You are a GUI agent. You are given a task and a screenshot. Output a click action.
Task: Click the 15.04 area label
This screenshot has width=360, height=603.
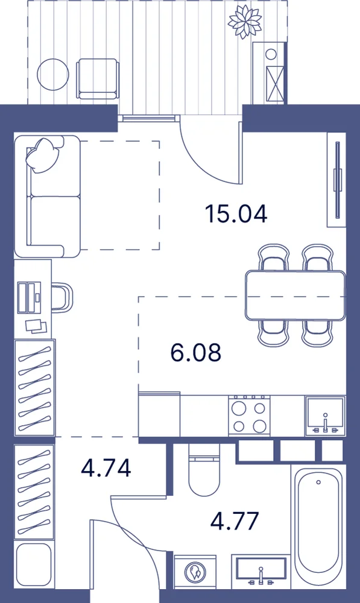coord(236,214)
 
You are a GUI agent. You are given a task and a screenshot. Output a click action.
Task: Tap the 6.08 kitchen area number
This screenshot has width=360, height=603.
coord(196,352)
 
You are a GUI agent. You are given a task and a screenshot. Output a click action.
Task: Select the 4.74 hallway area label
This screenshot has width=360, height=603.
coord(106,468)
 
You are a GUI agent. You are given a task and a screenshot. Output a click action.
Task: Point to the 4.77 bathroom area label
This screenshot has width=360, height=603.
coord(234,521)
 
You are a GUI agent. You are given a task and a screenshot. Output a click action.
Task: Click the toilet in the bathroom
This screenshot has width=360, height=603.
coord(204,470)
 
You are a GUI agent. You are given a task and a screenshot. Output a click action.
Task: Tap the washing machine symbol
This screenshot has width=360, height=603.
coord(195,573)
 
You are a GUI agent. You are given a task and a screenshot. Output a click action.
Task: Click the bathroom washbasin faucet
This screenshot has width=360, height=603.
coord(261,575)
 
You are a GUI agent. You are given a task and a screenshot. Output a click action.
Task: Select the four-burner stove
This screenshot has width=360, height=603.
coord(249,415)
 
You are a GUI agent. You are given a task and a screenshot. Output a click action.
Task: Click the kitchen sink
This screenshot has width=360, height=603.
coord(326,416)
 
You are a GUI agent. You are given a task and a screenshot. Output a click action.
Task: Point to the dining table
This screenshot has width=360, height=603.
coord(295,295)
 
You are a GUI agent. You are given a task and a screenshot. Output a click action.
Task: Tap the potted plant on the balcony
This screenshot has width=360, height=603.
coord(245,21)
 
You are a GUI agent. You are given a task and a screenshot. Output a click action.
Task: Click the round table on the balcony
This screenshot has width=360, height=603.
coord(53,75)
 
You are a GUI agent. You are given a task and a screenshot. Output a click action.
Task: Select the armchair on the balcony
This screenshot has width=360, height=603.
coord(97,78)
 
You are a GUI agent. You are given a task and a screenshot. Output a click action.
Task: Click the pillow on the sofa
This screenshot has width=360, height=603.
coord(43,154)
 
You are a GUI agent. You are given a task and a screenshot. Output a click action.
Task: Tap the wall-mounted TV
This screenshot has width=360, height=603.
coord(338,180)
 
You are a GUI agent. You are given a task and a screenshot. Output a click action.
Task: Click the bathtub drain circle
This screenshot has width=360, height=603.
coord(318,482)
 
